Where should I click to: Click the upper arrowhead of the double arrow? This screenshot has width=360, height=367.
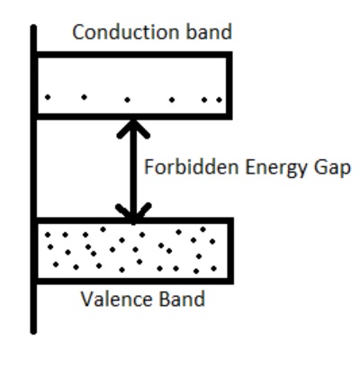[134, 126]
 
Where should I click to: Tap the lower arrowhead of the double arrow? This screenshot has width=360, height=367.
[134, 212]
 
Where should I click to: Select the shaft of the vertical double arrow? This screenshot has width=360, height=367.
[134, 169]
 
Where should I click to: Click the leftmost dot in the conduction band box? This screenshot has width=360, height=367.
[49, 96]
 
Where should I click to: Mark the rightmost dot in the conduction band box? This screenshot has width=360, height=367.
[218, 99]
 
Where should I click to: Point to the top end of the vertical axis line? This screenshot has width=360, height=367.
[34, 28]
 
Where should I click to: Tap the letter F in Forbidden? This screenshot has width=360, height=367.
[148, 168]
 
